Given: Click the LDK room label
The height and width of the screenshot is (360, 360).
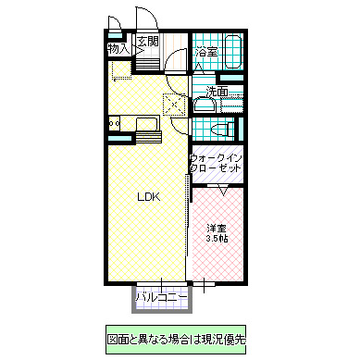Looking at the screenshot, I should tap(148, 196).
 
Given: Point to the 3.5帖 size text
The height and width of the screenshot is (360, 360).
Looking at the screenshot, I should tap(217, 239).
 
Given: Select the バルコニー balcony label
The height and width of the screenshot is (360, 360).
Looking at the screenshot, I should tap(162, 297).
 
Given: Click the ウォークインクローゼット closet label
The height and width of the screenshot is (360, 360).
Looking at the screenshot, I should tap(217, 164).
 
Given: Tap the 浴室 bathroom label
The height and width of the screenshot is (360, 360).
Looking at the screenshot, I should tap(206, 52).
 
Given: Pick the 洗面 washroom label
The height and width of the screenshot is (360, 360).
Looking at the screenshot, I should tap(217, 92).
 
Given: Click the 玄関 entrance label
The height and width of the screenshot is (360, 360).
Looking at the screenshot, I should tap(148, 42).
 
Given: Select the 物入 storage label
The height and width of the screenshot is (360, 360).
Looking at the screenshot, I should tap(118, 47).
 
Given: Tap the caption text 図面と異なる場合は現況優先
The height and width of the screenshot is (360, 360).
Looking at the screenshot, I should tap(176, 339).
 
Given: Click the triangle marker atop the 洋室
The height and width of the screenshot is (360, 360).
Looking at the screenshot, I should tap(222, 190).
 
